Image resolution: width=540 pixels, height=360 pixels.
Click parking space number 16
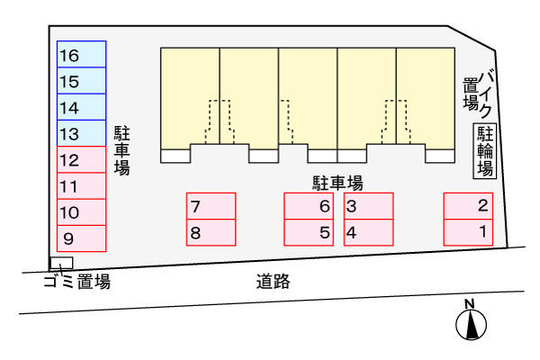tap(81, 55)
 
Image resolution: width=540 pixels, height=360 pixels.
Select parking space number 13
tap(81, 134)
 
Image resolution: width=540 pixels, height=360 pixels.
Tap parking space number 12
tap(81, 161)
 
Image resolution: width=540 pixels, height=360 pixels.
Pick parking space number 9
tap(81, 238)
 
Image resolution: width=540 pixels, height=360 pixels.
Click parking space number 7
tap(211, 206)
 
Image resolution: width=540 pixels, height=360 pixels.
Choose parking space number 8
tap(211, 232)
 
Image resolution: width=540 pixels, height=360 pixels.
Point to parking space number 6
tap(309, 206)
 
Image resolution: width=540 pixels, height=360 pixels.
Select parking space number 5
tap(309, 232)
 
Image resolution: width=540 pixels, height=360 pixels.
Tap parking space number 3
tap(369, 206)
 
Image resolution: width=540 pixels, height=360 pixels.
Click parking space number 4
tap(369, 232)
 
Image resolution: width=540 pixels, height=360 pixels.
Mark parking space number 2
tap(468, 206)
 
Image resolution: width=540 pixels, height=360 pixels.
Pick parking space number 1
tap(468, 232)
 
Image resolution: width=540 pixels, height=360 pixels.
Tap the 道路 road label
tap(273, 282)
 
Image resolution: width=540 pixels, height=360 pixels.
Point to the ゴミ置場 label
tap(76, 283)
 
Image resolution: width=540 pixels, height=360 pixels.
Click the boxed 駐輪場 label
tap(485, 151)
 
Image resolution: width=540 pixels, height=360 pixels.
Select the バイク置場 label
tap(478, 93)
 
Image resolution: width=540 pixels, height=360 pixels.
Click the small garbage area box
tap(60, 263)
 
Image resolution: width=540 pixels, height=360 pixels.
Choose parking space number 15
tap(81, 81)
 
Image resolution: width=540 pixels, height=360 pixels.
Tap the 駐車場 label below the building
tap(337, 183)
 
